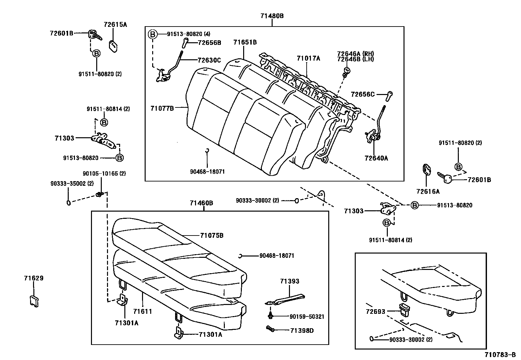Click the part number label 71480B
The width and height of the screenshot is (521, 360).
[272, 15]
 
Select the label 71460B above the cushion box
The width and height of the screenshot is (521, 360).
[201, 203]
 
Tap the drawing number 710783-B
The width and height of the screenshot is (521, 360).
[500, 355]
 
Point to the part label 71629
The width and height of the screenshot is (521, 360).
[33, 278]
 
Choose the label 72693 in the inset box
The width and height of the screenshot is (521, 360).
[375, 312]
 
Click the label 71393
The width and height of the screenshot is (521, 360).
[290, 281]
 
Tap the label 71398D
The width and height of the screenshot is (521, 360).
[302, 331]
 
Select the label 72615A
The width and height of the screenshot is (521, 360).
[115, 24]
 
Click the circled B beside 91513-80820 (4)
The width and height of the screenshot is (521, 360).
[153, 34]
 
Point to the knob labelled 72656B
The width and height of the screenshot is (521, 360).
[185, 42]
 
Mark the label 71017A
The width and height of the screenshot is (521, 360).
[308, 58]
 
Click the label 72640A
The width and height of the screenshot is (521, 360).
[376, 158]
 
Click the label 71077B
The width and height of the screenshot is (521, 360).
[162, 108]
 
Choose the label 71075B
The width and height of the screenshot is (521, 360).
[212, 235]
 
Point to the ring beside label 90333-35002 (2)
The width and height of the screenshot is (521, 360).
[69, 202]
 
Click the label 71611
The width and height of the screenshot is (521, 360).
[143, 311]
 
